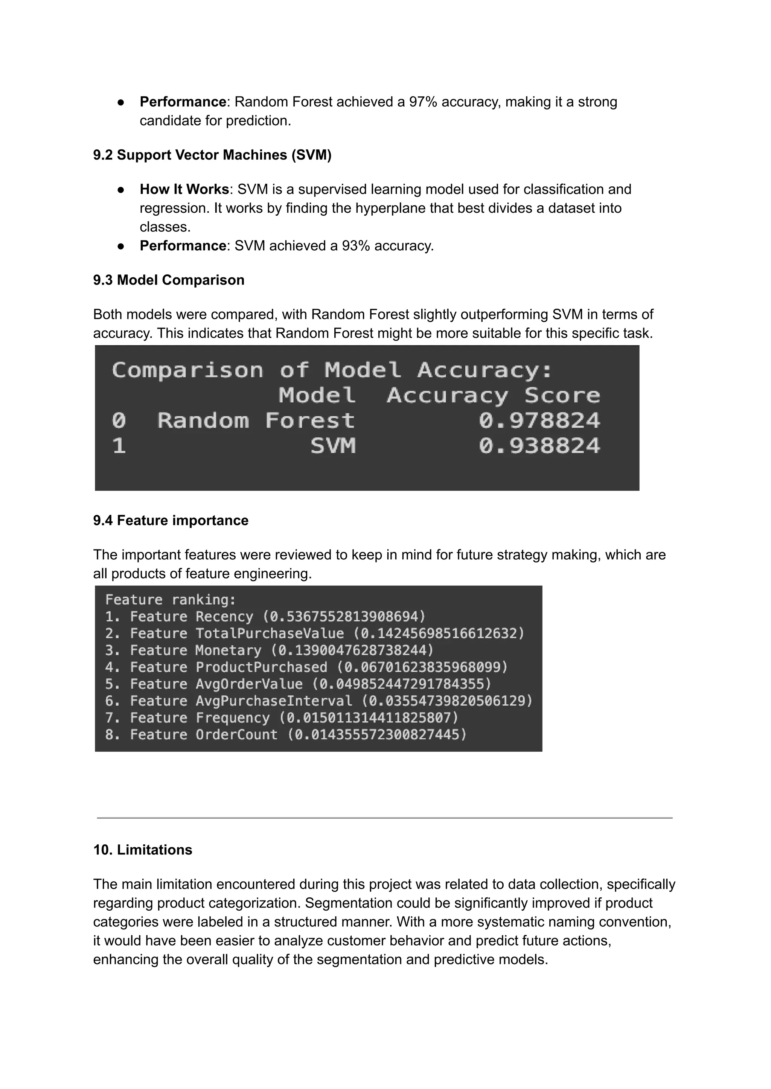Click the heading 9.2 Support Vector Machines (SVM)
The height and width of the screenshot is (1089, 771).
pyautogui.click(x=212, y=155)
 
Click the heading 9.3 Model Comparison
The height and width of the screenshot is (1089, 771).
pyautogui.click(x=169, y=280)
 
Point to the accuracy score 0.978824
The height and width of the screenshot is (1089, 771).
pyautogui.click(x=539, y=420)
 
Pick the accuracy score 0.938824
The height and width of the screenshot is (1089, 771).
pyautogui.click(x=539, y=446)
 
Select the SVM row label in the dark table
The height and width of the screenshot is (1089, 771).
pyautogui.click(x=333, y=446)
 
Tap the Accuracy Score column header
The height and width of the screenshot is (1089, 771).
pyautogui.click(x=493, y=396)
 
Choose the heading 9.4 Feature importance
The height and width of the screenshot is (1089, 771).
pyautogui.click(x=171, y=521)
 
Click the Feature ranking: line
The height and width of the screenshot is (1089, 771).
pyautogui.click(x=171, y=600)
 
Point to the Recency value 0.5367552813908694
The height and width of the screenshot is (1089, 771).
pyautogui.click(x=344, y=617)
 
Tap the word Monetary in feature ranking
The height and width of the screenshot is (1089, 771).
pyautogui.click(x=229, y=650)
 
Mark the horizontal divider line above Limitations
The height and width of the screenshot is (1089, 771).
pyautogui.click(x=384, y=818)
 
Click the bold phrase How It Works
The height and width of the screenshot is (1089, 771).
pyautogui.click(x=184, y=189)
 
